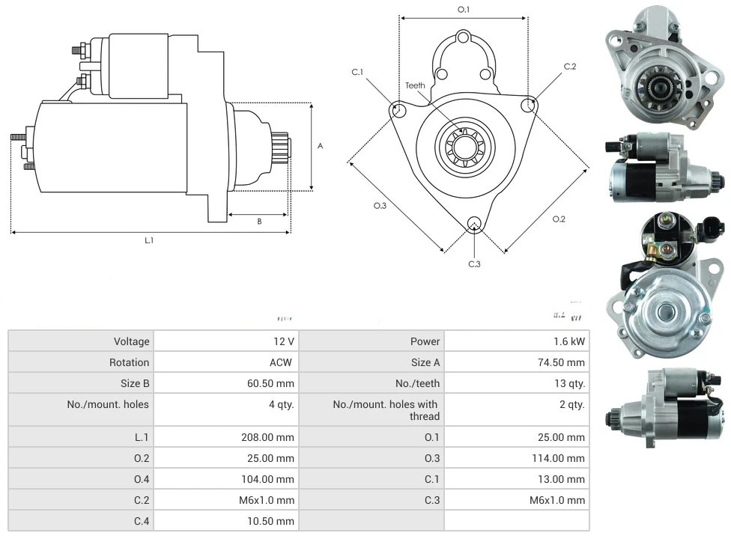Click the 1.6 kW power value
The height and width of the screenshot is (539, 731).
coord(571,341)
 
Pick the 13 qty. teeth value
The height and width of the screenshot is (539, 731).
coord(568,383)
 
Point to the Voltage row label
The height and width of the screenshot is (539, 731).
coord(131,341)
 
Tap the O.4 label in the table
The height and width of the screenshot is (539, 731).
coord(142,479)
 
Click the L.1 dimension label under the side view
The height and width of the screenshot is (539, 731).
coord(149,240)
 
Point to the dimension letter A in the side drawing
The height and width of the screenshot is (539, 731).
coord(320,146)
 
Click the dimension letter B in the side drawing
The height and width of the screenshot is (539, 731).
coord(259,221)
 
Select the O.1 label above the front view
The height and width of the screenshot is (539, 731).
coord(464,10)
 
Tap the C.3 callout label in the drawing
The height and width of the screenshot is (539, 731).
coord(474,264)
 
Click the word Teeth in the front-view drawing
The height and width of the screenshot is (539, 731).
coord(416,85)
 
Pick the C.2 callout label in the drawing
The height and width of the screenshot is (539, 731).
coord(570,67)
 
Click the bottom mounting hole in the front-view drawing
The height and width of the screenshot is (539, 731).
coord(473,224)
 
